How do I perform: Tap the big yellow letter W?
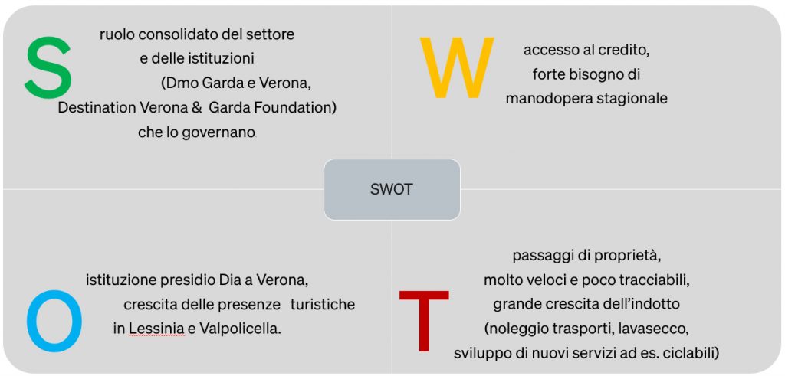tap(457, 67)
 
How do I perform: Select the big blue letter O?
tap(54, 321)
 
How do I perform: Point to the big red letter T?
tap(423, 321)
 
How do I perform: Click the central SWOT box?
tap(392, 189)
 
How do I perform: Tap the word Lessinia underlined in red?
tap(156, 329)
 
